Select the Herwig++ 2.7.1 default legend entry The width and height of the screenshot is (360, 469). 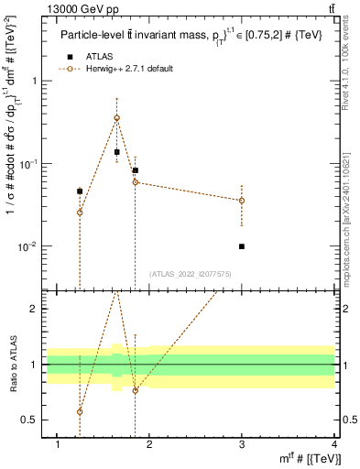(x=119, y=69)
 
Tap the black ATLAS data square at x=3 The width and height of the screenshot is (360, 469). (x=242, y=246)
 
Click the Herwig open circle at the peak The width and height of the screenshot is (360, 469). (x=116, y=117)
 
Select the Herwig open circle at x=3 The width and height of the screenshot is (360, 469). (x=242, y=200)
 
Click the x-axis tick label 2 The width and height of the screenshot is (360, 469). (x=150, y=445)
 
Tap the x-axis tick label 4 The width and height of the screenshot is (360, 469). (x=334, y=445)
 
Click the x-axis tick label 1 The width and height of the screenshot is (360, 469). (x=59, y=445)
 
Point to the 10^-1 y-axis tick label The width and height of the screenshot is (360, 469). (x=30, y=164)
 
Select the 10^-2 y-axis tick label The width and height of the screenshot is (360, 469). (x=30, y=247)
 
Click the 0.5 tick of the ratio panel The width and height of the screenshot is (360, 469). (x=31, y=420)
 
